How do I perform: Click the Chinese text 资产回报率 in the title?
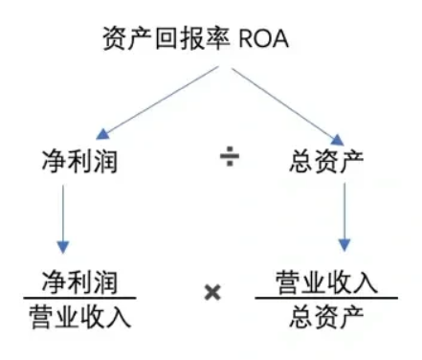(157, 39)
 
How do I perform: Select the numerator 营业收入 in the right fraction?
(324, 281)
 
